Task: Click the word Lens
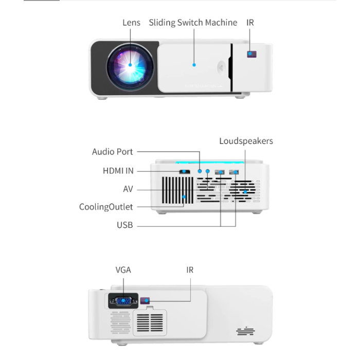[x=131, y=23]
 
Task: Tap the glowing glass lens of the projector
[x=130, y=65]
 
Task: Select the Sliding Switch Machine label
[x=193, y=23]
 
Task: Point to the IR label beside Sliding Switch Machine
[x=250, y=23]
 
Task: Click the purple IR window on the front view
[x=251, y=54]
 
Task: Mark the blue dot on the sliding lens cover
[x=194, y=65]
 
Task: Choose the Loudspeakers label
[x=246, y=141]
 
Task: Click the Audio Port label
[x=112, y=152]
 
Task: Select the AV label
[x=128, y=189]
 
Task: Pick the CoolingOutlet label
[x=105, y=207]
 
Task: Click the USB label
[x=124, y=225]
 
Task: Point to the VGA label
[x=124, y=270]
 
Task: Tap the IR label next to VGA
[x=190, y=270]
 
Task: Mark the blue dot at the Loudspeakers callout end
[x=246, y=192]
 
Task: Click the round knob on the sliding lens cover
[x=222, y=67]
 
